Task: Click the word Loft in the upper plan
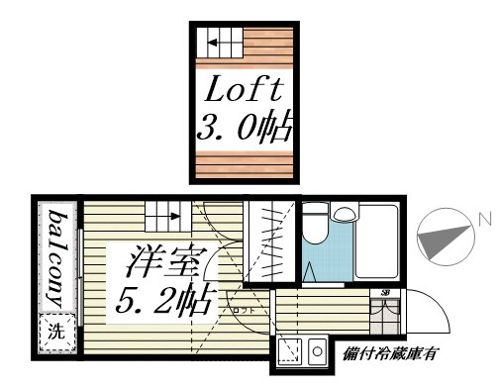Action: click(x=244, y=92)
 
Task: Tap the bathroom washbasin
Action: click(x=345, y=214)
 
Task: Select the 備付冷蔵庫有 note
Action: click(x=390, y=353)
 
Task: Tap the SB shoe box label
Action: click(x=385, y=294)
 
